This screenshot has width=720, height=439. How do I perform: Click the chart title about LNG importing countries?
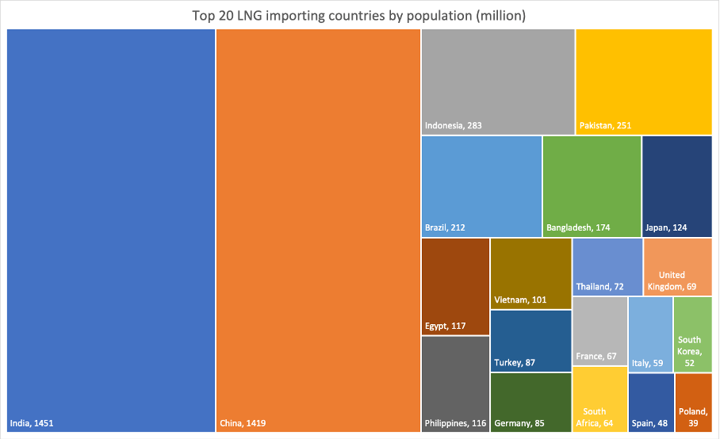tap(359, 15)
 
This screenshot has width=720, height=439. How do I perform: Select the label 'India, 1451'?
tap(31, 423)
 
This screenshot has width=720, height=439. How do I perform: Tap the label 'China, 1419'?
tap(243, 423)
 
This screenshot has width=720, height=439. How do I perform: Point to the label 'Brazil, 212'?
tap(445, 227)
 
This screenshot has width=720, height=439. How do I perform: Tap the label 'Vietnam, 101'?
tap(520, 300)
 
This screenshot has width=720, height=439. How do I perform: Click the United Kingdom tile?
tap(680, 265)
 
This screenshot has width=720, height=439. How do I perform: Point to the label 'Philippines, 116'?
tap(455, 423)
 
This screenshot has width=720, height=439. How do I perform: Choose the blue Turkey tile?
tap(530, 337)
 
